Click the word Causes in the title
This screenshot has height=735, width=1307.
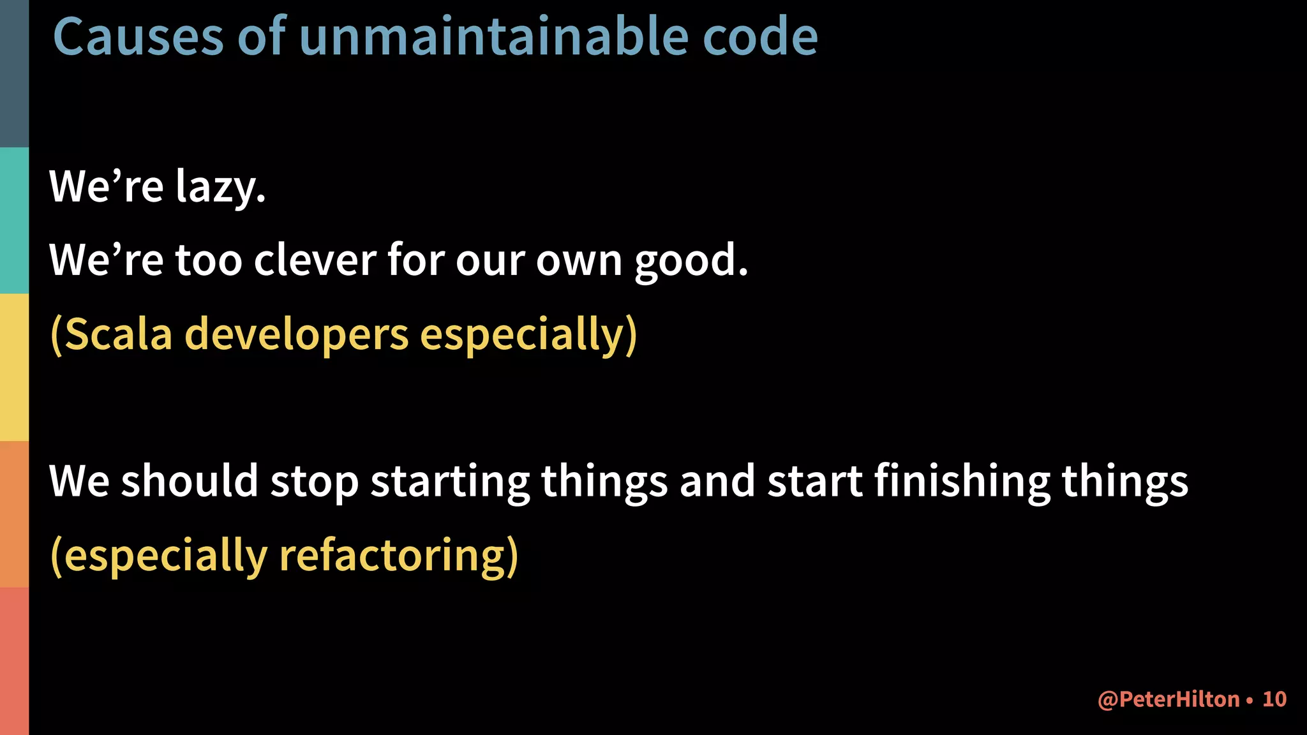[138, 36]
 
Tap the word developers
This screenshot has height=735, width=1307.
[296, 335]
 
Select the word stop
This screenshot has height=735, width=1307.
[314, 482]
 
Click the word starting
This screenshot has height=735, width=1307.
[450, 482]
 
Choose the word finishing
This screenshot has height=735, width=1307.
[962, 482]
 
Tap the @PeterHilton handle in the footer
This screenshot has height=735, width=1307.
[1168, 699]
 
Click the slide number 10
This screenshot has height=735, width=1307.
[1274, 699]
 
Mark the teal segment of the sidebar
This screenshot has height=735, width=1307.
[14, 221]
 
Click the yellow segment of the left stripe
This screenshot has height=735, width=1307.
[14, 367]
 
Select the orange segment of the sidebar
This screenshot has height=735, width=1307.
[14, 514]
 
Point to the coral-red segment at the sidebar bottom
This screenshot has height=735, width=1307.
[14, 661]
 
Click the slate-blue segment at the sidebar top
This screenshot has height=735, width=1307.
[14, 73]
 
